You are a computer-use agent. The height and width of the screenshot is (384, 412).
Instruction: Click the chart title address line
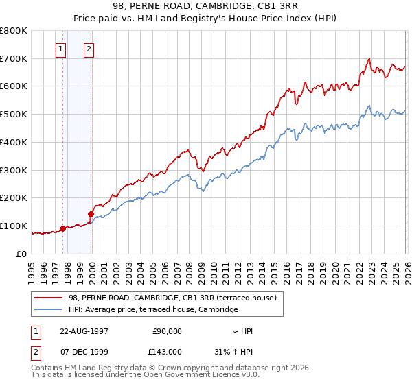click(206, 6)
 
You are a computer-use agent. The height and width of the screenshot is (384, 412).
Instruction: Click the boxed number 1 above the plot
click(61, 49)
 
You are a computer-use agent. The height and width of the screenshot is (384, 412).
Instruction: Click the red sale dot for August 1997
click(63, 228)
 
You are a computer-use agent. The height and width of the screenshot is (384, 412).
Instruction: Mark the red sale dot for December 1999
click(91, 214)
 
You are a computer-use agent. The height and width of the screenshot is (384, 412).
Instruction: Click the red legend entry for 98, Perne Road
click(172, 298)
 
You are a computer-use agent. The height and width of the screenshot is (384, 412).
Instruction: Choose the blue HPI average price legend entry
click(152, 310)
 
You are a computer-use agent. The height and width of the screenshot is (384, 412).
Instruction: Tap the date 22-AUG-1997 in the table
click(84, 331)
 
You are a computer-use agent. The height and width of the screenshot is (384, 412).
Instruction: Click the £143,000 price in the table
click(167, 351)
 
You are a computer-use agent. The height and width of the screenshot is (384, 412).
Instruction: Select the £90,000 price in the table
click(167, 331)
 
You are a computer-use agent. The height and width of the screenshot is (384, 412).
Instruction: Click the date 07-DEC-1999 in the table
click(84, 351)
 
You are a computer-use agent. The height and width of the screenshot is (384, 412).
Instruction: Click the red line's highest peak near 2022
click(369, 59)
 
